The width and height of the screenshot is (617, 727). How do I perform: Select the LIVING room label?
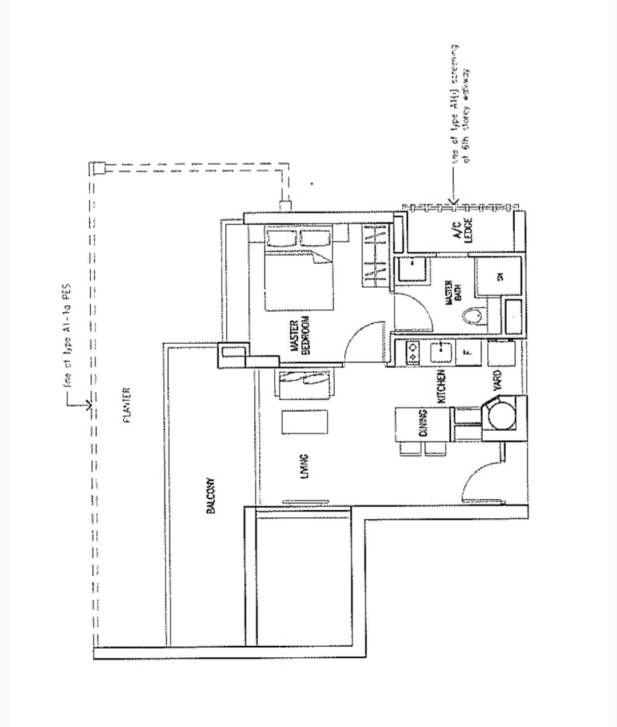point(305,466)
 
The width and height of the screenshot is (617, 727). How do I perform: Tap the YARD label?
point(496,381)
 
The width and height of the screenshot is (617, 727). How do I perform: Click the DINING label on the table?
point(423,423)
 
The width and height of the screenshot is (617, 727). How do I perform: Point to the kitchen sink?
point(440,352)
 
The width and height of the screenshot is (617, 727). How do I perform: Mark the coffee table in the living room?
point(305,422)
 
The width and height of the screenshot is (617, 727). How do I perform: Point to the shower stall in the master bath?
point(499,277)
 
